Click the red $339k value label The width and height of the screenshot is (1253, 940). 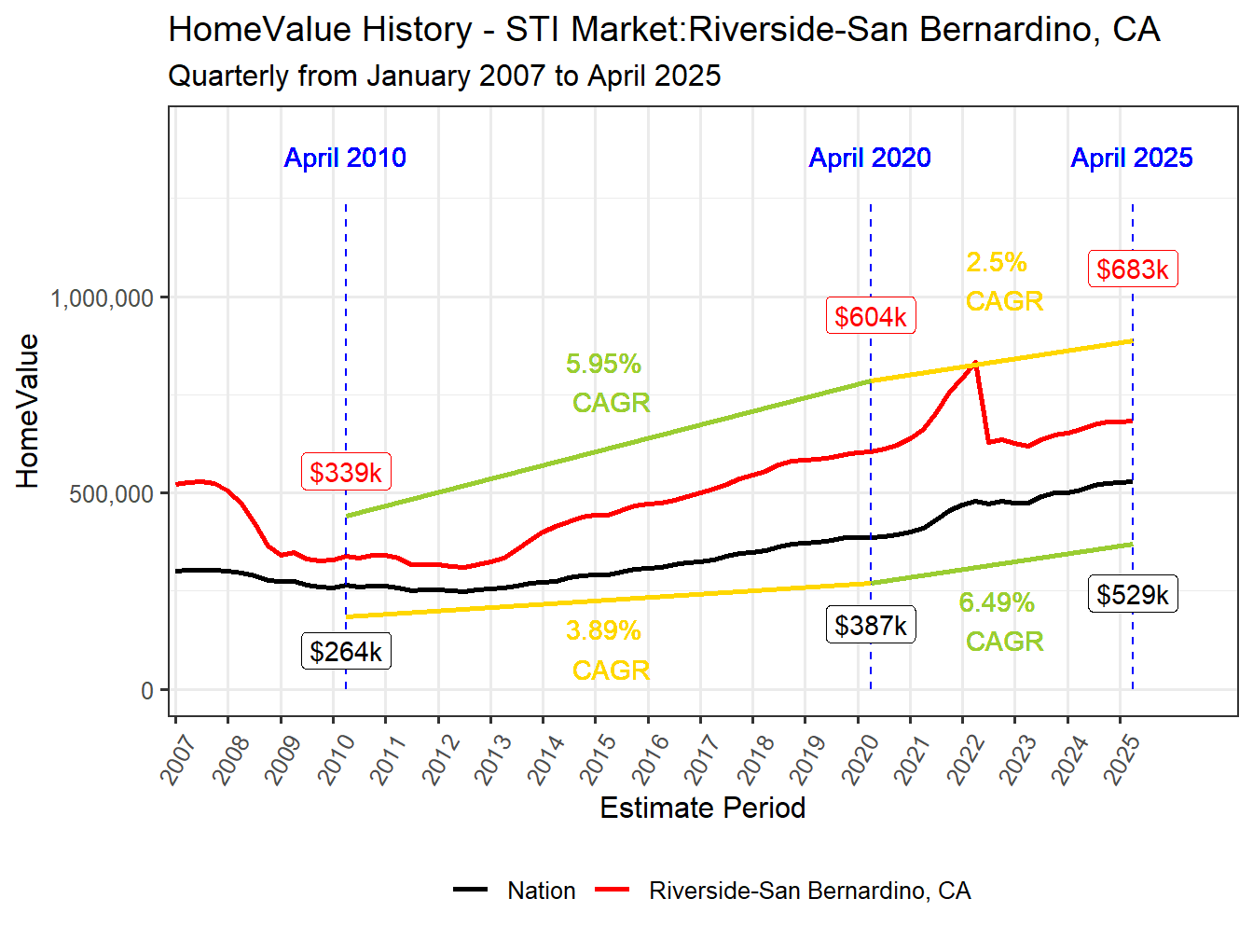pos(346,473)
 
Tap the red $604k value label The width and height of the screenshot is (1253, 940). pos(871,317)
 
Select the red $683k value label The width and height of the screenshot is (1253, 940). pos(1133,270)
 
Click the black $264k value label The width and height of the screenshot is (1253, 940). pos(346,652)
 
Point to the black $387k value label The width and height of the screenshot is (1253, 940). pos(871,626)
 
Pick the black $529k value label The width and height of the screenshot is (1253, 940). pos(1133,595)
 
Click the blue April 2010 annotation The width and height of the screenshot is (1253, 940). pos(345,158)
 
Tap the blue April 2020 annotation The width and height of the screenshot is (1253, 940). pos(870,158)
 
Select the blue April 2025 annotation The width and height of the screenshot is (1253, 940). pos(1132,158)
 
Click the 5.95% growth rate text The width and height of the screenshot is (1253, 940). pos(603,364)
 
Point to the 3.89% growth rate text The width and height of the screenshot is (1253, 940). pos(603,631)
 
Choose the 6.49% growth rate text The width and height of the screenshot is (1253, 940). pos(997,603)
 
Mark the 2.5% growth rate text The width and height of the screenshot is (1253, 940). pos(997,263)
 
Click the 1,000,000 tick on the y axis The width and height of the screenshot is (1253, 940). pos(102,298)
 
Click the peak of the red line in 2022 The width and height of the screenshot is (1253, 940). pos(975,363)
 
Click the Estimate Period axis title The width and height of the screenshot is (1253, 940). pos(702,808)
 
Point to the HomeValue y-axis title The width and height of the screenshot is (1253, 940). pos(28,411)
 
